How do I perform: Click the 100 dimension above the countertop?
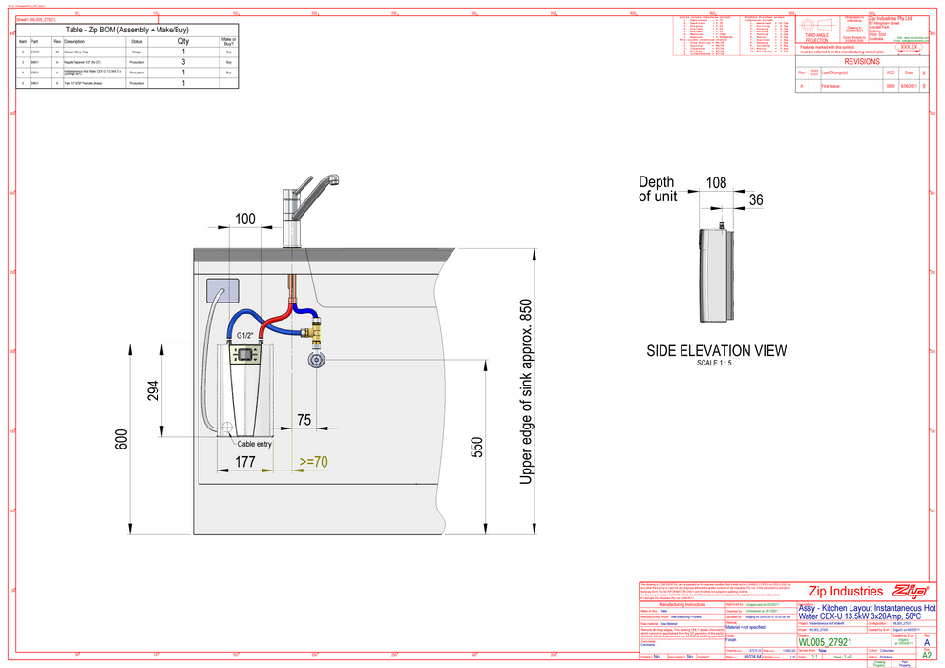pos(245,219)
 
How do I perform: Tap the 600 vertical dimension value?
pos(121,439)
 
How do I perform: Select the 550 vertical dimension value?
pos(476,449)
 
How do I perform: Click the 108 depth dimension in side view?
pos(717,182)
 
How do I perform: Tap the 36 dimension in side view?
pos(756,199)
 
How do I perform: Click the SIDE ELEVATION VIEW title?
pos(717,351)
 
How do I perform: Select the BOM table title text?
pos(126,30)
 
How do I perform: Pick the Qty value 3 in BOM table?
pos(183,61)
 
